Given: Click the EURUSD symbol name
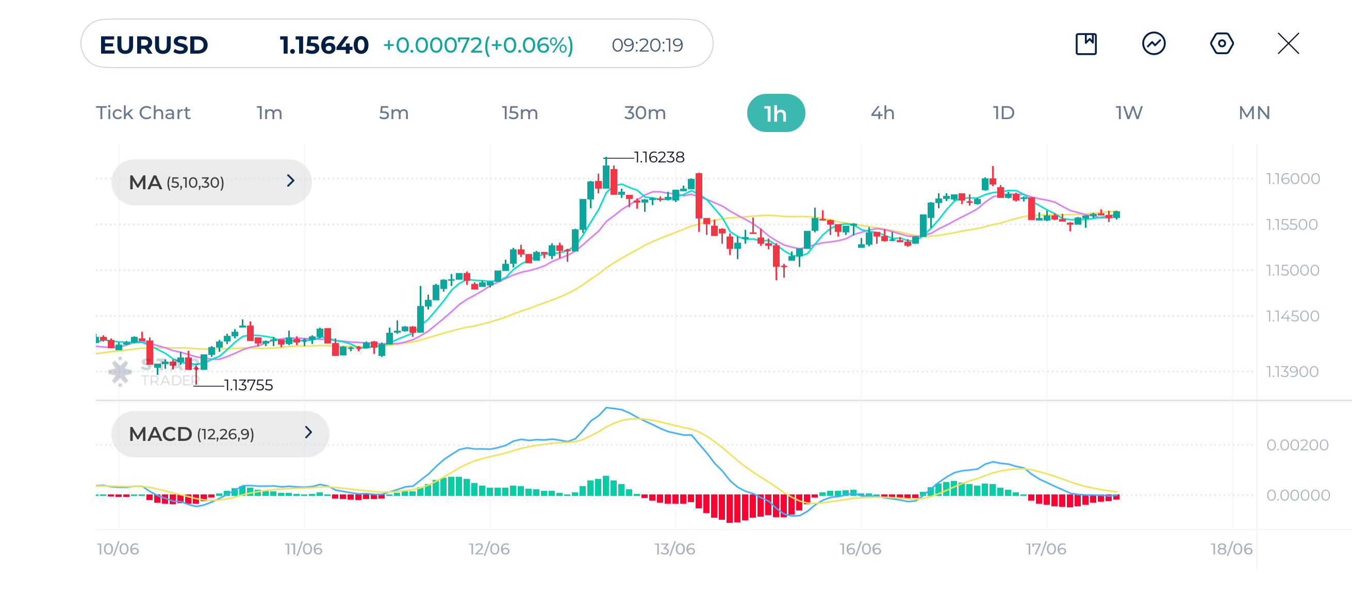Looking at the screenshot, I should [x=153, y=45].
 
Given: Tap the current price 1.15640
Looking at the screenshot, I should [x=324, y=45].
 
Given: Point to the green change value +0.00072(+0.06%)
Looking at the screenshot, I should [x=478, y=45].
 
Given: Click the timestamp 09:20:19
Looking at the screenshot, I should [x=647, y=45].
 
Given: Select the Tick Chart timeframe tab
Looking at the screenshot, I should [x=143, y=113].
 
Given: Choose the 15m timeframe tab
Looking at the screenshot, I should [x=520, y=113].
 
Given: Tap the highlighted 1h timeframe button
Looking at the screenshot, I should [x=775, y=113].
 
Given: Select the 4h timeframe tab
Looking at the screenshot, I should [x=882, y=113].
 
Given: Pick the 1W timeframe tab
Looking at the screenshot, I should [x=1128, y=113].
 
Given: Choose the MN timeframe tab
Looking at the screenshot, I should [x=1254, y=113].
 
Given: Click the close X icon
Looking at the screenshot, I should [x=1288, y=43].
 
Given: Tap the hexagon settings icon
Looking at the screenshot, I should [x=1222, y=43].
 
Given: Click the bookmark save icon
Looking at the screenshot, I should [x=1086, y=43].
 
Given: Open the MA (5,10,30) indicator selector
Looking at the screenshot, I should [x=211, y=182].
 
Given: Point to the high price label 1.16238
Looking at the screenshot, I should [x=658, y=157].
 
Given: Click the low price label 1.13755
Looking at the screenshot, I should [x=248, y=385].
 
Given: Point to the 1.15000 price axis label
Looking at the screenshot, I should [x=1292, y=270].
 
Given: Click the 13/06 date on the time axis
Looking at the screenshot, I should [x=674, y=549].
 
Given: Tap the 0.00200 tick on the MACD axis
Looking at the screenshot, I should [x=1297, y=445].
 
